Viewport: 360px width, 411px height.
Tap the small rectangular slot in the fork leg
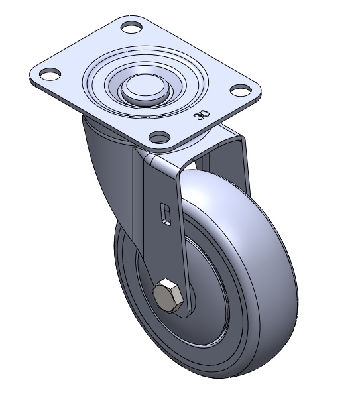click(166, 213)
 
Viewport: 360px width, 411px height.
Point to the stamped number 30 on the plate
click(202, 115)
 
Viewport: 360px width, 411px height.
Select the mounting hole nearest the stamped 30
click(241, 90)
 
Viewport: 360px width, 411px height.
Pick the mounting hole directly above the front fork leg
click(159, 137)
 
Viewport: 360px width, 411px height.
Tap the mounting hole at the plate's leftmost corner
click(50, 74)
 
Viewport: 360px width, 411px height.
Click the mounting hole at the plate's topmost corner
click(132, 27)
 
